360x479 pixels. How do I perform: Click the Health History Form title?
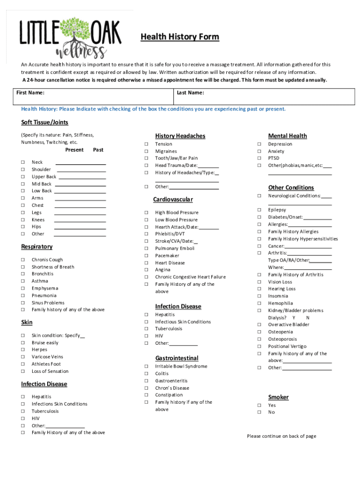(x=180, y=37)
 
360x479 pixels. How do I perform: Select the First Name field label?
(x=30, y=93)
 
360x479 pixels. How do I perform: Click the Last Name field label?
(x=190, y=93)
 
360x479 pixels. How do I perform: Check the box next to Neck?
(x=22, y=162)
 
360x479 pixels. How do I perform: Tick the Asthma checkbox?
(x=22, y=281)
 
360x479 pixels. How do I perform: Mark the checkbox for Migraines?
(x=146, y=151)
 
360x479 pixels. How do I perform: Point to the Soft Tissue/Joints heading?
(x=45, y=123)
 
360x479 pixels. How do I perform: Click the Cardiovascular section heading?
(x=173, y=200)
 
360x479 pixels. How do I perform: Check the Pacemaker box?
(x=146, y=256)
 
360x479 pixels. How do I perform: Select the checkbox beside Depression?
(x=259, y=144)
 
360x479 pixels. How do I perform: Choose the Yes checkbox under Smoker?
(x=259, y=405)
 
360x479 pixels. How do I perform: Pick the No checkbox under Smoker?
(x=259, y=412)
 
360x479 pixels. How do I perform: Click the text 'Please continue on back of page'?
(x=281, y=436)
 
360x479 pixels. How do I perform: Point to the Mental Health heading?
(x=288, y=136)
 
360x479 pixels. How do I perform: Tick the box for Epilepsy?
(x=259, y=210)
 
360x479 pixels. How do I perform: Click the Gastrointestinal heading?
(x=177, y=358)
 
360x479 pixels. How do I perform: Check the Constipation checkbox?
(x=146, y=395)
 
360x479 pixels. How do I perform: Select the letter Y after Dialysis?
(x=294, y=318)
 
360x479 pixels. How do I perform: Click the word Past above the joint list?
(x=98, y=150)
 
